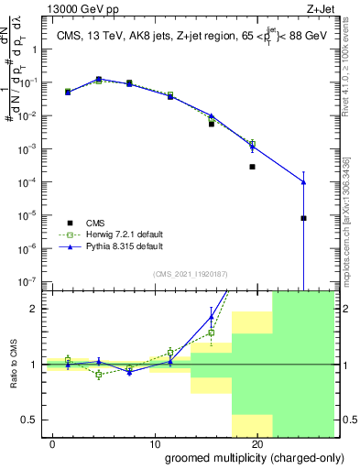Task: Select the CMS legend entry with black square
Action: coord(95,223)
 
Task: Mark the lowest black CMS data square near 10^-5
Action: coord(303,218)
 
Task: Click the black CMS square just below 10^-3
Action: coord(252,167)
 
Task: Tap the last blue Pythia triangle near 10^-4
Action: coord(303,182)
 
